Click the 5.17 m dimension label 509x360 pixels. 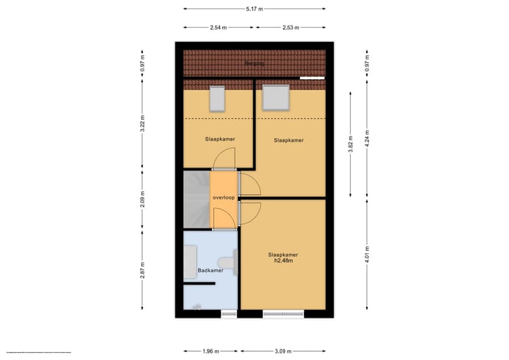click(x=255, y=9)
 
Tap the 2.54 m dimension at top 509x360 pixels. click(x=219, y=28)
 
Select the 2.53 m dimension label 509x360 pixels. click(x=291, y=28)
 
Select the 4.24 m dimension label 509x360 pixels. click(x=367, y=134)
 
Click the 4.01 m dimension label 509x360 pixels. click(x=367, y=254)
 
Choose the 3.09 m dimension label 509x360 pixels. click(x=283, y=351)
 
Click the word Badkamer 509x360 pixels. click(x=211, y=270)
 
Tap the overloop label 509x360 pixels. click(x=223, y=197)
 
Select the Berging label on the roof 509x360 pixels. click(x=254, y=64)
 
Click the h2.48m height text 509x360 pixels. click(x=283, y=261)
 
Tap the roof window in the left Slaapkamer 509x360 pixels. click(x=217, y=98)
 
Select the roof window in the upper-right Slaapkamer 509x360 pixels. click(x=276, y=97)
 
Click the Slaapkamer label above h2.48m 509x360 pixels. click(x=283, y=254)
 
